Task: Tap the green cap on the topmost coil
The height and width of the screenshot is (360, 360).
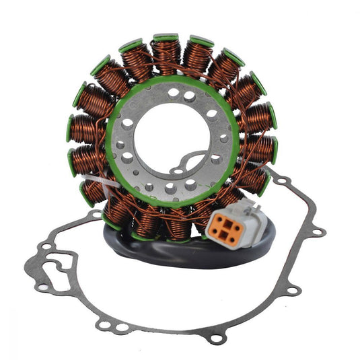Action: coord(166,38)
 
